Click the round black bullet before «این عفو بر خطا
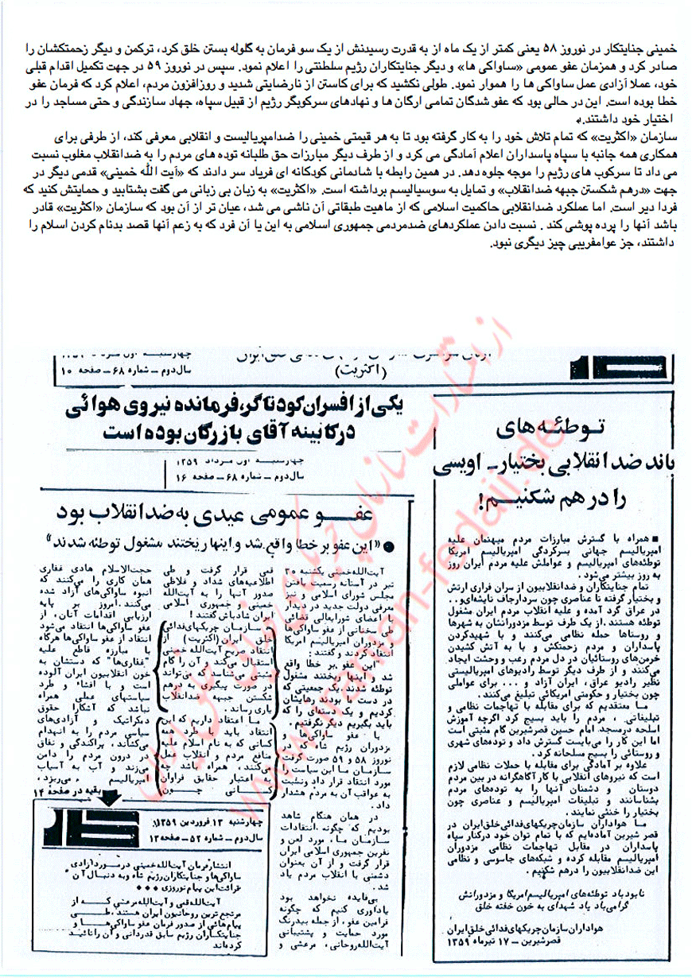coord(398,545)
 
